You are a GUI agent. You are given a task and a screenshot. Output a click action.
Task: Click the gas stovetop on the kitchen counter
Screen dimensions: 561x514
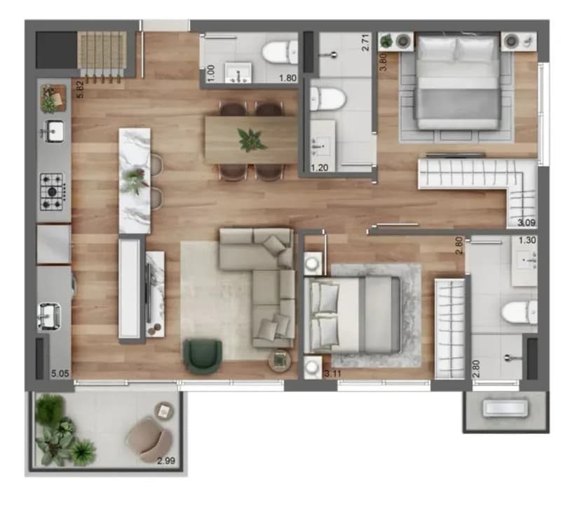pos(52,191)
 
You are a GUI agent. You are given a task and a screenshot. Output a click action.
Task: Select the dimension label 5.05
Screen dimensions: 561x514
pos(60,374)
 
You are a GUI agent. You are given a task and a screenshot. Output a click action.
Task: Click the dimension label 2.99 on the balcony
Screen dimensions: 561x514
pos(166,461)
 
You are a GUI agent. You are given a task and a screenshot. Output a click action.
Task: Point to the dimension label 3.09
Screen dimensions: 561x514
pos(527,223)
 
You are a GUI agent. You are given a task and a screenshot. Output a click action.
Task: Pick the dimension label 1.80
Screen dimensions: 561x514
pos(288,78)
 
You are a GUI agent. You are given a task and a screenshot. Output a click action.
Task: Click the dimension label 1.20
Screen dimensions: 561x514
pos(320,168)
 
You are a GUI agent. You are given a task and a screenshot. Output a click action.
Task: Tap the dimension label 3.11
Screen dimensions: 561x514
pos(332,374)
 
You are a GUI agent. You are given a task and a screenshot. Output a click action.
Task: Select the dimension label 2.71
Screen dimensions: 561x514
pos(365,43)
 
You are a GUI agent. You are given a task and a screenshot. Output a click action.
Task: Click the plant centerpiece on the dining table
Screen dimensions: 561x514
pos(252,140)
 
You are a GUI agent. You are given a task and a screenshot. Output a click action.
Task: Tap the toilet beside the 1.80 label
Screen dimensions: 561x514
pos(280,52)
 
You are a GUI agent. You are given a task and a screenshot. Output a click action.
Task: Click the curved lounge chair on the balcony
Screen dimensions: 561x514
pos(150,440)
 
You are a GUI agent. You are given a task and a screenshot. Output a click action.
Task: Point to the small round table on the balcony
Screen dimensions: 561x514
pos(163,411)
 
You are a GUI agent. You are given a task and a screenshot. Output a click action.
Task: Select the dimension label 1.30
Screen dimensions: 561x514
pos(527,240)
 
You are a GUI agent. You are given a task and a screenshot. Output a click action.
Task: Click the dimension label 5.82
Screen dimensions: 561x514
pos(80,89)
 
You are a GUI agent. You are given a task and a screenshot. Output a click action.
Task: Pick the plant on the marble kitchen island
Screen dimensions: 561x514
pos(134,181)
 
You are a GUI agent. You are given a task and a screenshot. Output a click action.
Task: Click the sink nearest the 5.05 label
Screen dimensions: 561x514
pos(49,316)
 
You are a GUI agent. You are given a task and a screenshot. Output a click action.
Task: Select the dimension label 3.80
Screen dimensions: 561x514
pos(383,62)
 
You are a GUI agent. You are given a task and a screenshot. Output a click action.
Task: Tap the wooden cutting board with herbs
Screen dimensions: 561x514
pos(54,99)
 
